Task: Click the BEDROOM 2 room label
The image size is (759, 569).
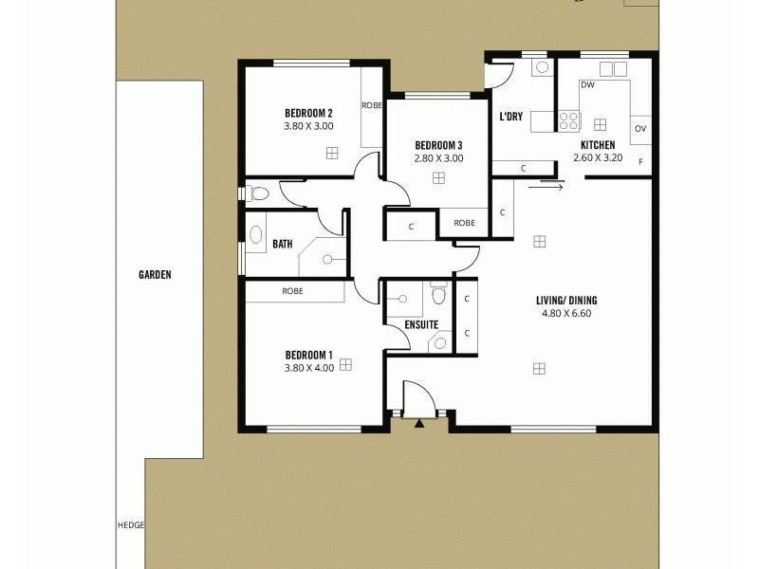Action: (308, 112)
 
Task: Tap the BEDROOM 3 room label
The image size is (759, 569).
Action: (438, 145)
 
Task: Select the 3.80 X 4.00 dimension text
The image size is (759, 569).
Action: (308, 368)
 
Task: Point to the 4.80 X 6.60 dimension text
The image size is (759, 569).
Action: (566, 313)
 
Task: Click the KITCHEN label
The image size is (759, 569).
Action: (599, 145)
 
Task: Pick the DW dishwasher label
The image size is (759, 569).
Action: (587, 85)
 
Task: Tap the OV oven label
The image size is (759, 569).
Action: (640, 129)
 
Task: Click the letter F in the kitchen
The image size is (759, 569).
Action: (640, 162)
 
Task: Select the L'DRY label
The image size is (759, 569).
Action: (511, 118)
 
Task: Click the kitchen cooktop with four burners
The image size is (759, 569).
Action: (568, 120)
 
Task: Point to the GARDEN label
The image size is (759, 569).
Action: (155, 275)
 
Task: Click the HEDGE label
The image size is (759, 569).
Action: (129, 523)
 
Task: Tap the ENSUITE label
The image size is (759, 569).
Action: (421, 324)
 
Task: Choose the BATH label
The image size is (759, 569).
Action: (282, 244)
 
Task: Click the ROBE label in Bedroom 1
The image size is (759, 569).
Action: (292, 291)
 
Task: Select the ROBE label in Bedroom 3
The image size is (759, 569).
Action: (464, 223)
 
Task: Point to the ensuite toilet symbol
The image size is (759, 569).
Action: (437, 295)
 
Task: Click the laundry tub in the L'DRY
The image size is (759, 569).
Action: (542, 67)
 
